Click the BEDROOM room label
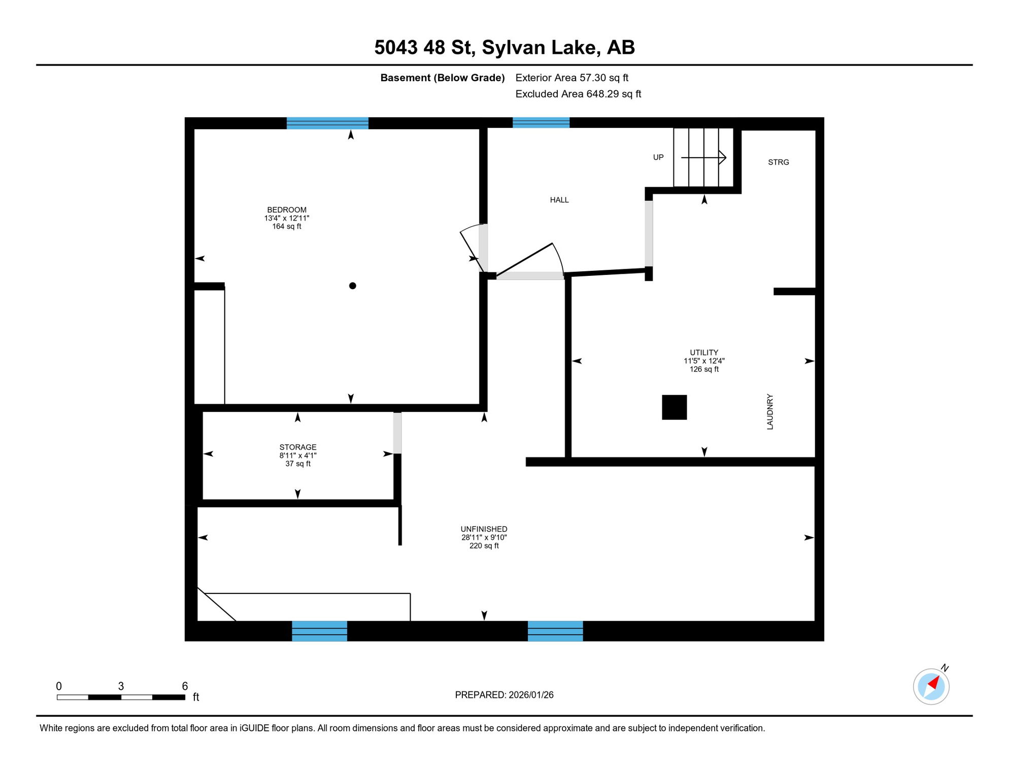point(287,210)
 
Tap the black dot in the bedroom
point(353,286)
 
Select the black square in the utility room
point(675,407)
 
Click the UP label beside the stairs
point(658,157)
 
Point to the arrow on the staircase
point(704,158)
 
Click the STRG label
point(779,162)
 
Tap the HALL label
point(559,200)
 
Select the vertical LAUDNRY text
point(770,412)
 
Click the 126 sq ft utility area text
point(704,369)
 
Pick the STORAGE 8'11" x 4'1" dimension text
point(298,455)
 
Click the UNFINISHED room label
point(484,529)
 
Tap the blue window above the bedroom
point(327,123)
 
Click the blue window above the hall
point(541,123)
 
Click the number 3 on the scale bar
point(121,686)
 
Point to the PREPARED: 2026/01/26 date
point(504,695)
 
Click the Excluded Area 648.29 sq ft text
point(578,94)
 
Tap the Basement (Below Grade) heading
point(442,78)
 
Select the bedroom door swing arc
point(470,228)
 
